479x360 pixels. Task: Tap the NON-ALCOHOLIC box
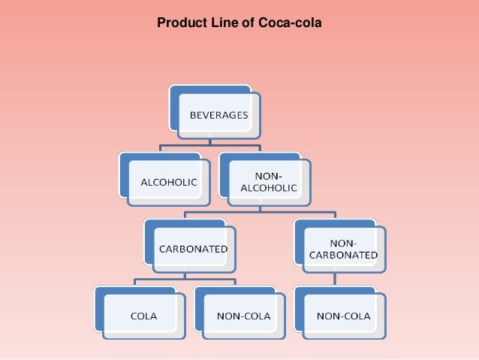(268, 181)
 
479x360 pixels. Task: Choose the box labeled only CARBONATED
(194, 249)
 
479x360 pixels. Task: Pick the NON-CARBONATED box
(343, 249)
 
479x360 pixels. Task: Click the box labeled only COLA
(143, 316)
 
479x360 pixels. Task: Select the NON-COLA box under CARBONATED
(243, 316)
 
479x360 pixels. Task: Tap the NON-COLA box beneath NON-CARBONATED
(343, 316)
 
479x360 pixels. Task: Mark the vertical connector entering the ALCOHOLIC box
(159, 148)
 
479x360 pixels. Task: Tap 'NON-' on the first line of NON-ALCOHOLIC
(268, 175)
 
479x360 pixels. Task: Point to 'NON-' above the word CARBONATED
(343, 243)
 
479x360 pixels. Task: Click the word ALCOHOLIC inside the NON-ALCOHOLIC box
(268, 187)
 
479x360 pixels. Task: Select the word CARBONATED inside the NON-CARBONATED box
(343, 255)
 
